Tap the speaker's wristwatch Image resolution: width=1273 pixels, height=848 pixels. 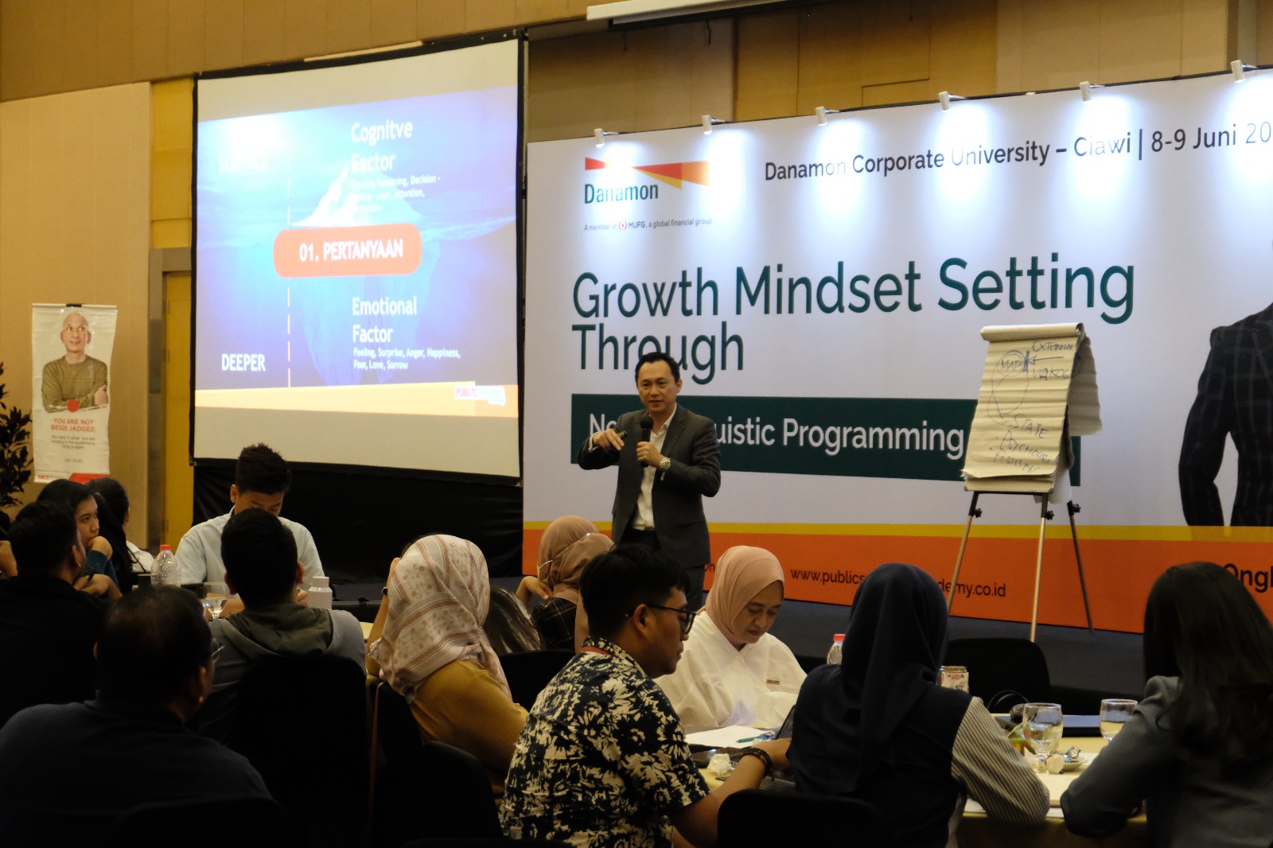point(664,463)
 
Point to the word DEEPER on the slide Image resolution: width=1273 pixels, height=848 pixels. point(243,363)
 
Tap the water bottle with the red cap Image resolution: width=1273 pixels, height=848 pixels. point(165,566)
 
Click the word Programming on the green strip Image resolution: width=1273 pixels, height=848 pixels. point(872,435)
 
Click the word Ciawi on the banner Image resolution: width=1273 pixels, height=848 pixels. point(1101,146)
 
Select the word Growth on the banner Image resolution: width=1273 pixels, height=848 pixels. point(644,294)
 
